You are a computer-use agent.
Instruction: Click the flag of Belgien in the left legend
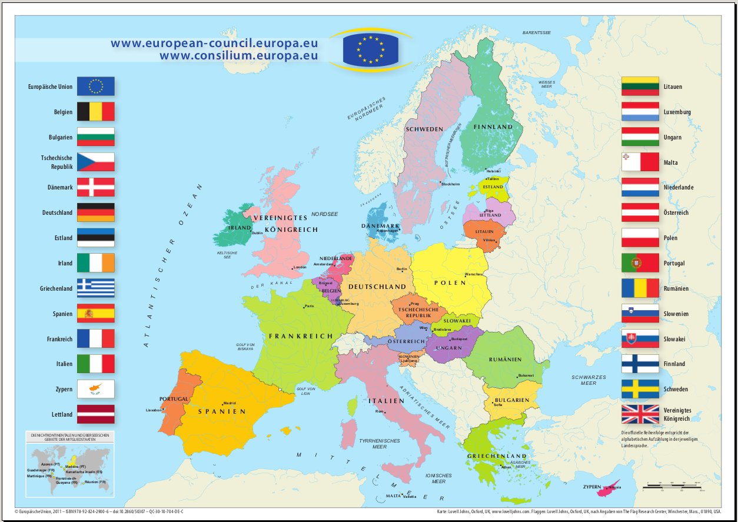click(x=96, y=112)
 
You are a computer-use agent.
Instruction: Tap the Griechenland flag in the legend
click(x=96, y=288)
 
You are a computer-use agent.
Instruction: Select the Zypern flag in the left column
click(x=96, y=389)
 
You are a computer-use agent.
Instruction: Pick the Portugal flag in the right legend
click(x=640, y=263)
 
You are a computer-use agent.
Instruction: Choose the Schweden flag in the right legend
click(x=640, y=389)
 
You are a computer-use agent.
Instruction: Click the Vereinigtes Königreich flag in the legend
click(x=640, y=414)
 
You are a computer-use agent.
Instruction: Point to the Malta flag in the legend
click(x=640, y=162)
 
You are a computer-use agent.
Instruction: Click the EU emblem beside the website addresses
click(x=371, y=49)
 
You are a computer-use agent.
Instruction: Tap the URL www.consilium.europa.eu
click(x=238, y=56)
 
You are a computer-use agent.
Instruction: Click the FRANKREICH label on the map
click(x=301, y=336)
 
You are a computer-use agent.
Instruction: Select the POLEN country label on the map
click(x=450, y=282)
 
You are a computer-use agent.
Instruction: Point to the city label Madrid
click(x=230, y=403)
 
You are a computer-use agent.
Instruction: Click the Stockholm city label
click(x=450, y=184)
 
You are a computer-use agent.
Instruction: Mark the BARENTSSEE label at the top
click(x=537, y=33)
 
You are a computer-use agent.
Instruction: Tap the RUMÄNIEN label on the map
click(x=506, y=360)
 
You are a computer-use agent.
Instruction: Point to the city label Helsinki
click(x=493, y=171)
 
